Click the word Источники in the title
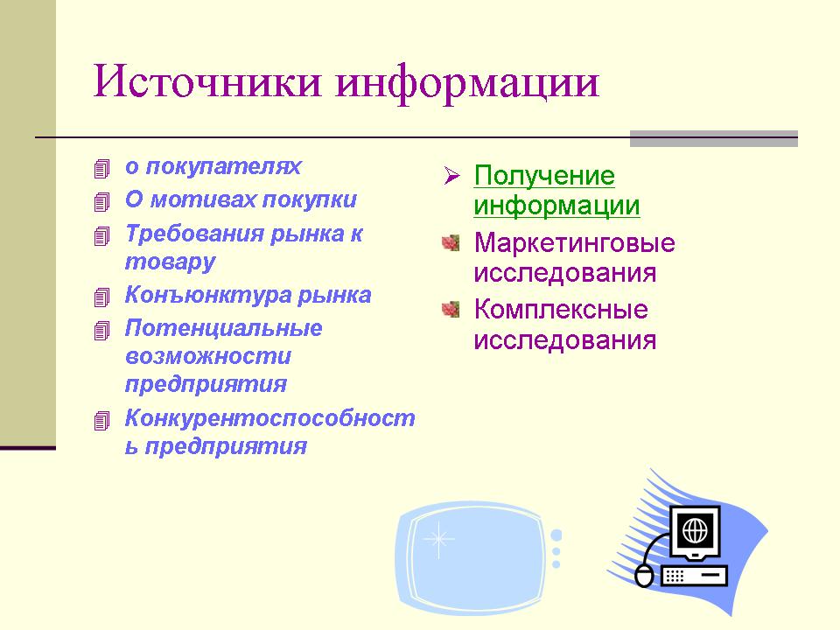point(207,81)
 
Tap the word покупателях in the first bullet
point(223,166)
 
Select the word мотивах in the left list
point(203,199)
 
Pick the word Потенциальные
point(223,328)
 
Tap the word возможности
point(208,356)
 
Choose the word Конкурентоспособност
point(270,418)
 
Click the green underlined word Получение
point(544,176)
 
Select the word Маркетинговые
point(574,242)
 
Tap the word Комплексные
point(561,309)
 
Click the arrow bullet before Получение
point(451,175)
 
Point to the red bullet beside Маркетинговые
point(451,242)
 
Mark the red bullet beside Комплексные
point(451,309)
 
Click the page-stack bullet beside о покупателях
point(101,169)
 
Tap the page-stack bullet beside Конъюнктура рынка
point(101,297)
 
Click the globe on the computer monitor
point(695,531)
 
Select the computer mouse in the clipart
point(644,576)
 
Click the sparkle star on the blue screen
point(438,538)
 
